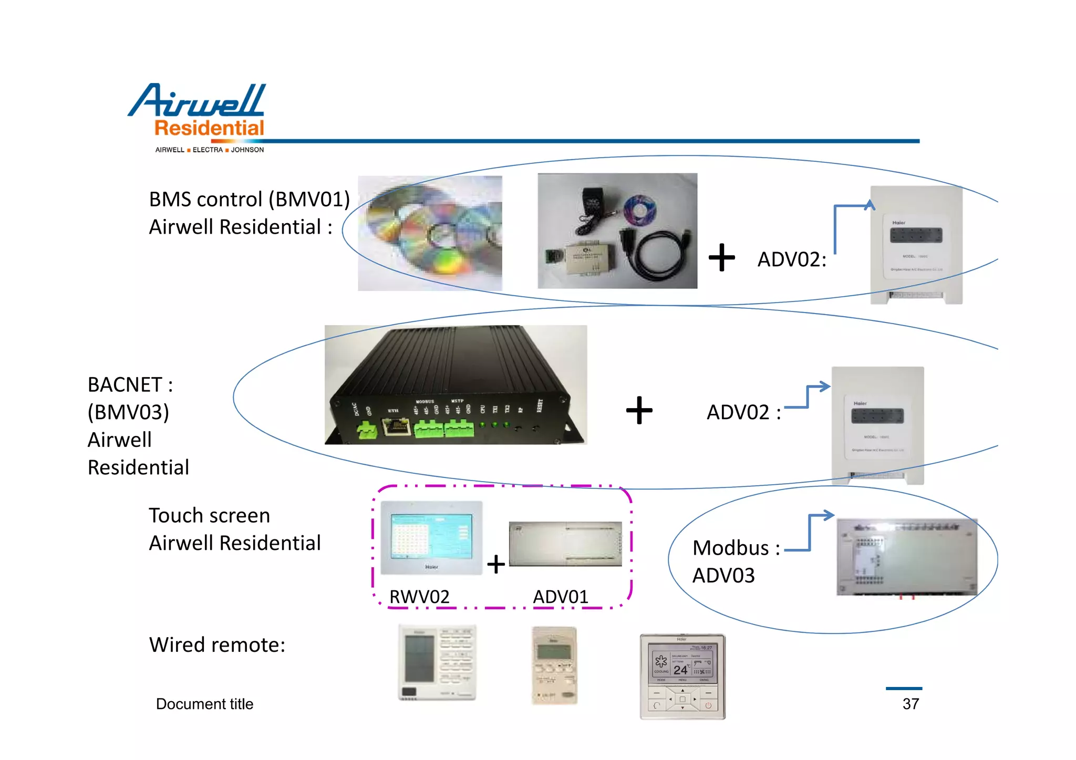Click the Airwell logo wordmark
click(x=198, y=101)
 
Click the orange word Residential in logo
click(x=209, y=128)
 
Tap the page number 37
click(x=911, y=704)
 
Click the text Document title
click(x=204, y=704)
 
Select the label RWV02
click(x=419, y=597)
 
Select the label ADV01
click(x=561, y=597)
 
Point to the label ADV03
click(x=723, y=576)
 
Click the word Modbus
click(x=730, y=548)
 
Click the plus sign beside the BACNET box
click(x=639, y=410)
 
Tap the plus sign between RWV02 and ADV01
click(x=495, y=565)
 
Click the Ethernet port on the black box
click(x=397, y=426)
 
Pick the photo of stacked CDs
click(x=430, y=233)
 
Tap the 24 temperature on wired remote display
click(x=680, y=670)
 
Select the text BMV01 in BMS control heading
click(x=309, y=200)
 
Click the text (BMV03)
click(x=128, y=412)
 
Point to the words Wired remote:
click(x=217, y=645)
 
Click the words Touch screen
click(x=209, y=516)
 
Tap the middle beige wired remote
click(x=554, y=665)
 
